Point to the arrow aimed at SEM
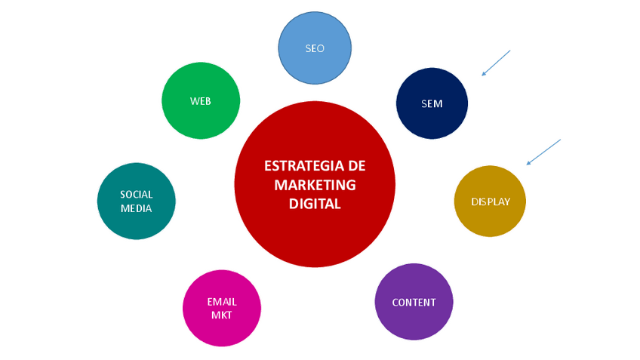coord(496,63)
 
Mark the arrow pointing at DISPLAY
coord(543,152)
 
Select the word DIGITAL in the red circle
coord(315,204)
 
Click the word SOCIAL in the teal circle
coord(137,195)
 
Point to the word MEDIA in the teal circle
coord(137,208)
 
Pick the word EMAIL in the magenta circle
coord(222,302)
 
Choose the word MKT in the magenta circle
coord(222,315)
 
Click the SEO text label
coord(315,48)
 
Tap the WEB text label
coord(201,101)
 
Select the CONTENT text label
coord(414,303)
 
